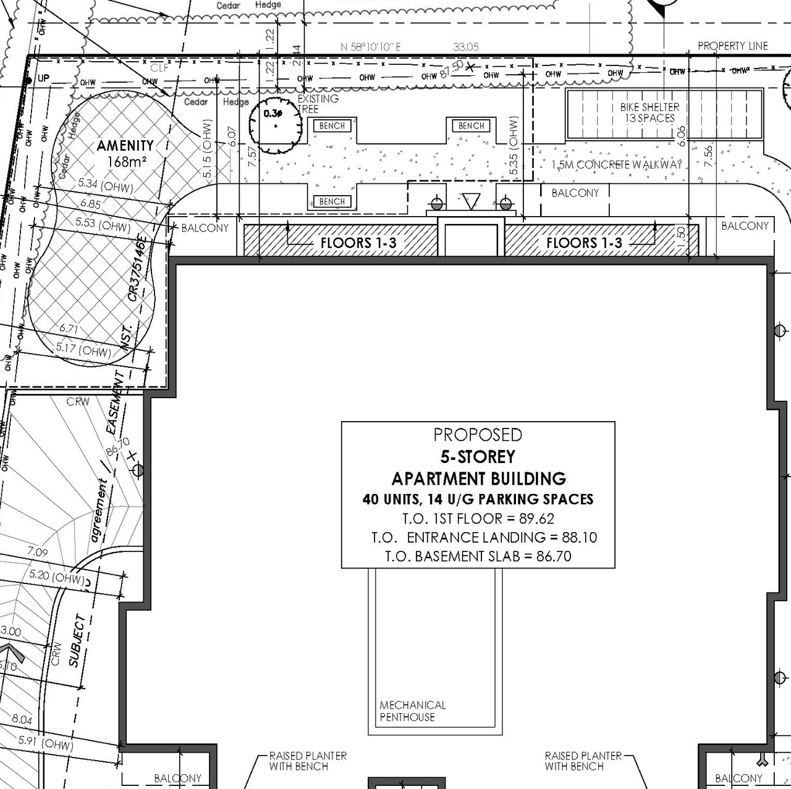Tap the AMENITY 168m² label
click(x=125, y=153)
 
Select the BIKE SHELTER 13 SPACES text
click(x=649, y=112)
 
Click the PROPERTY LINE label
click(x=732, y=46)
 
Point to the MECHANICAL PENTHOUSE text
click(x=412, y=711)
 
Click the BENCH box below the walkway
click(x=332, y=201)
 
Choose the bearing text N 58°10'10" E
click(x=371, y=47)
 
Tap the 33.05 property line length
click(x=465, y=47)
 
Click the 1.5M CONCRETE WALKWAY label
click(x=617, y=165)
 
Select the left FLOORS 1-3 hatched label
click(x=358, y=243)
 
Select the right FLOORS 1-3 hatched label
click(x=584, y=243)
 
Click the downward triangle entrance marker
click(x=471, y=201)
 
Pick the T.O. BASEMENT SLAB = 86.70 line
click(x=478, y=556)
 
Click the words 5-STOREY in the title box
click(x=478, y=457)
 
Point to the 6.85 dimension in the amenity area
click(x=90, y=204)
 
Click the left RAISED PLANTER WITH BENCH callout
click(x=307, y=761)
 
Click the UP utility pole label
click(x=43, y=78)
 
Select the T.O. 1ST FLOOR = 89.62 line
click(x=478, y=519)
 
